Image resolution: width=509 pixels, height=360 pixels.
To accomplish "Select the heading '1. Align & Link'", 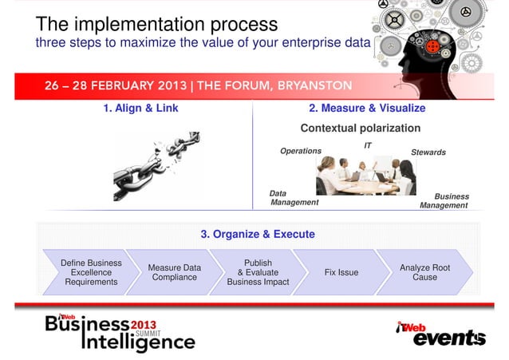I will [x=141, y=108].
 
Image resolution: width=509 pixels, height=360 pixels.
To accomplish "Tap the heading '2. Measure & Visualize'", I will [x=367, y=108].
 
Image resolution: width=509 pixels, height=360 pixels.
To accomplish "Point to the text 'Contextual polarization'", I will [x=360, y=128].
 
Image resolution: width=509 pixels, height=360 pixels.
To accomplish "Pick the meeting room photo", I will [x=365, y=176].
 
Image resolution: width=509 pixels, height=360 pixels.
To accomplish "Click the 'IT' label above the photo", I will [x=368, y=145].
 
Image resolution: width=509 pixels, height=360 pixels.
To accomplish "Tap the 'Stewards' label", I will [x=428, y=152].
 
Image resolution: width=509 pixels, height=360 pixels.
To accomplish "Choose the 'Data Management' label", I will [x=294, y=198].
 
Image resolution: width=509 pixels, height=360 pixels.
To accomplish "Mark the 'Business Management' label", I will [x=444, y=200].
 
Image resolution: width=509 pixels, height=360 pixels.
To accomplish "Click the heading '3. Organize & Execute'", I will [x=258, y=234].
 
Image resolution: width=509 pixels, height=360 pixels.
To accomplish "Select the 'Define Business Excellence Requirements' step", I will [x=91, y=272].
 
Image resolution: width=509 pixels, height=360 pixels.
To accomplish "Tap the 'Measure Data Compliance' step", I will [x=175, y=272].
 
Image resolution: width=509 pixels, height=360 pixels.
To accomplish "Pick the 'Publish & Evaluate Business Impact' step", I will [x=258, y=272].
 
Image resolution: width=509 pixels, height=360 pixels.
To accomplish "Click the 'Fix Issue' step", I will [x=341, y=272].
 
